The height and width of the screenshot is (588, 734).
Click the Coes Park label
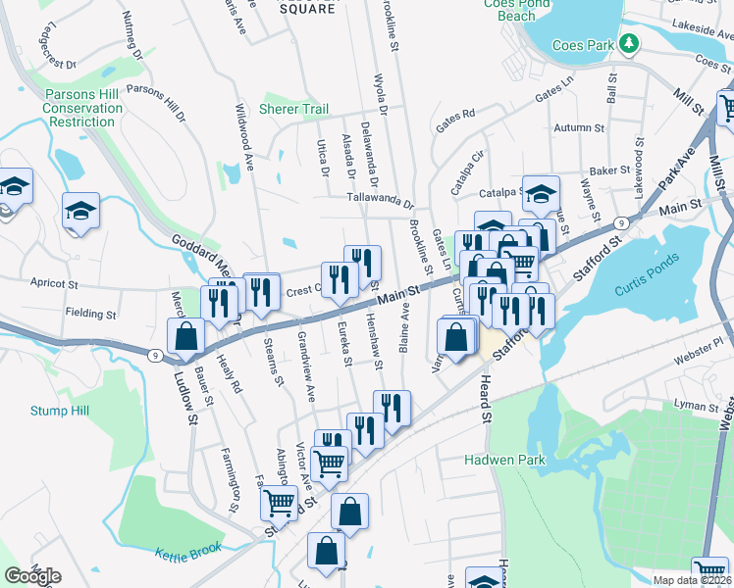click(586, 44)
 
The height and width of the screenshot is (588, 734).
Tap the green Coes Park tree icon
click(631, 44)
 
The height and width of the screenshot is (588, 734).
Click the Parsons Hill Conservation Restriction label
click(69, 109)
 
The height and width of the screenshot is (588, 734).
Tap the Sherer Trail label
click(293, 109)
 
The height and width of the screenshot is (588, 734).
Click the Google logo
click(32, 576)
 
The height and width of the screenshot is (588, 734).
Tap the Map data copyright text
click(693, 580)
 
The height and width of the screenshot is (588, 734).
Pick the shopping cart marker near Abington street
click(279, 503)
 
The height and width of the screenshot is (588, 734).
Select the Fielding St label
click(90, 316)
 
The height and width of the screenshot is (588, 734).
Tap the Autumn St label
click(578, 128)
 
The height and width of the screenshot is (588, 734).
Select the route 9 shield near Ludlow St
click(156, 356)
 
